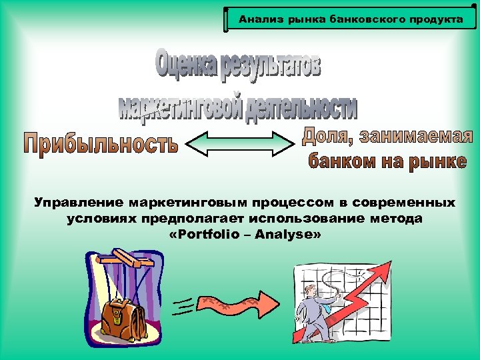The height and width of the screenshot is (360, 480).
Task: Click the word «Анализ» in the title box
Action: click(254, 19)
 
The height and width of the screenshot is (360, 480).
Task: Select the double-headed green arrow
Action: click(239, 143)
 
